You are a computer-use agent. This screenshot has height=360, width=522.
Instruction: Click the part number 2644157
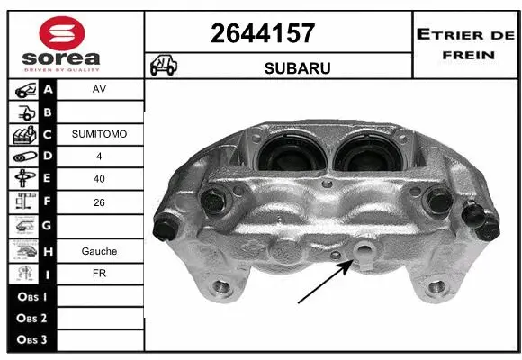point(262,34)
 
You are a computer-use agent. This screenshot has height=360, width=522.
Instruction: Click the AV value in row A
point(99,91)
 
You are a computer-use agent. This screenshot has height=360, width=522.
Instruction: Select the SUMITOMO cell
point(99,134)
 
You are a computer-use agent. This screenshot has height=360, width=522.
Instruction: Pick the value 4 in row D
point(99,157)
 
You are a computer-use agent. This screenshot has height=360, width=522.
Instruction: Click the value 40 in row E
point(99,179)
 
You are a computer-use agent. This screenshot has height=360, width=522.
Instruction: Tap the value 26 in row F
point(99,202)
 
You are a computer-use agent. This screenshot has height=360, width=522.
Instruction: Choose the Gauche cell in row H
point(99,251)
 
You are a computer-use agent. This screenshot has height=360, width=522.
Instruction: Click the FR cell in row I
point(99,274)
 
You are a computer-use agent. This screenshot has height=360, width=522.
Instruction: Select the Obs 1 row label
point(31,296)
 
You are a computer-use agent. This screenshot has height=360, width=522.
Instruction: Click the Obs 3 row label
point(31,341)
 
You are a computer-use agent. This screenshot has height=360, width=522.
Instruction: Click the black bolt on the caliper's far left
point(166,229)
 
